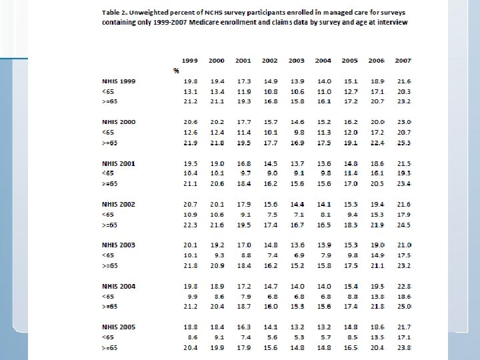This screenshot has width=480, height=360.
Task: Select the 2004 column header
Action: (x=323, y=61)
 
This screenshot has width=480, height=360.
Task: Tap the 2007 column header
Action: (x=403, y=61)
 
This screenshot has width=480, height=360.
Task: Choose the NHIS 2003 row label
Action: (x=119, y=245)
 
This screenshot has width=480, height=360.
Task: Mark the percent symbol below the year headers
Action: (x=176, y=71)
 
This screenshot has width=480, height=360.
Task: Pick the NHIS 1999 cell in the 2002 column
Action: (x=270, y=81)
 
